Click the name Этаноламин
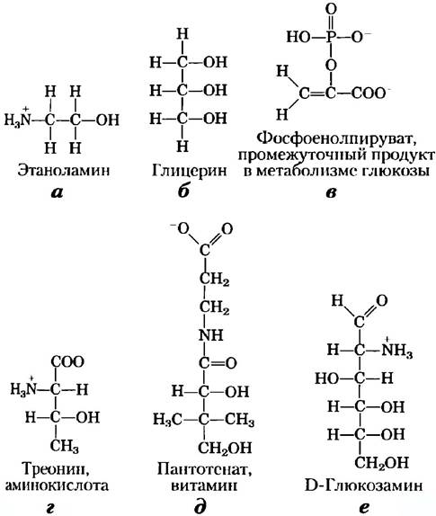click(x=63, y=171)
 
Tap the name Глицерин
click(x=190, y=171)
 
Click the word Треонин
click(x=56, y=469)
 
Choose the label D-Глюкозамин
click(x=363, y=485)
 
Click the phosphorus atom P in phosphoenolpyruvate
click(x=331, y=37)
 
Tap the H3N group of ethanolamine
click(x=17, y=119)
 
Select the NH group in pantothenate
click(x=211, y=335)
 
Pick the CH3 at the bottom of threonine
click(x=65, y=446)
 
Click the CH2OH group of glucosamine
click(x=381, y=463)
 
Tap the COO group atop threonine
click(x=67, y=362)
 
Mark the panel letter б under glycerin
click(x=183, y=191)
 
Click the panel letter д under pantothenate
click(x=200, y=506)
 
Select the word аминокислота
click(x=57, y=485)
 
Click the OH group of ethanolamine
click(x=107, y=120)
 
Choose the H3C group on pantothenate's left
click(x=167, y=420)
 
